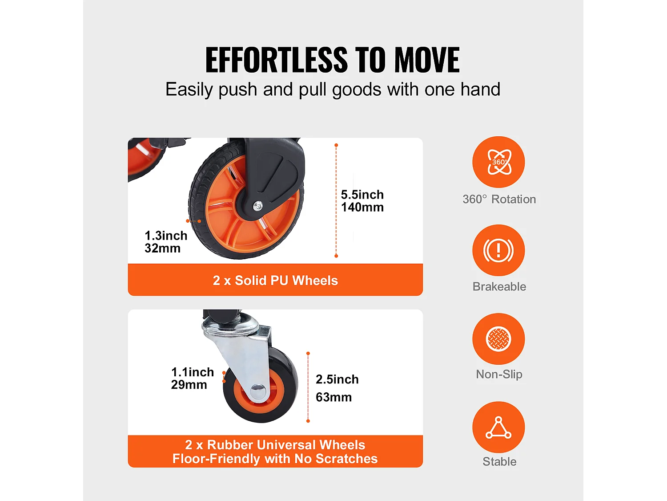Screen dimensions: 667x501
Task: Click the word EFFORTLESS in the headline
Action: coord(277,60)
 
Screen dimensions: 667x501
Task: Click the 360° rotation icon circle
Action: coord(498,162)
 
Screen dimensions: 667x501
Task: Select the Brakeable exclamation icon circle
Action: coord(498,250)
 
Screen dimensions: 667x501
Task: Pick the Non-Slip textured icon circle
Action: coord(498,339)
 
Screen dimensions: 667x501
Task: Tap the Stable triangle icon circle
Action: coord(498,427)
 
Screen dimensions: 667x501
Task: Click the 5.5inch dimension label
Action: coord(362,195)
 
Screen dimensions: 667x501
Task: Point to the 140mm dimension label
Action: coord(362,208)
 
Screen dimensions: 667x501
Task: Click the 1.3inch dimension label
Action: coord(166,236)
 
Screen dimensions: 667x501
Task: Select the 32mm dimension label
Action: coord(163,248)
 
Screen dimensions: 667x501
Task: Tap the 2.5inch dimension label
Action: coord(338,379)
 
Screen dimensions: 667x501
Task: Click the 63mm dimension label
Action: coord(333,397)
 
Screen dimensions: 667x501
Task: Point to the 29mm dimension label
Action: coord(189,385)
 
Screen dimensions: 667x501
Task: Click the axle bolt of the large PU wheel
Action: coord(258,206)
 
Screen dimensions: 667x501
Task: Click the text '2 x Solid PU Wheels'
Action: coord(275,281)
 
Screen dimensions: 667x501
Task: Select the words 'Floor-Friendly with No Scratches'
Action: coord(275,459)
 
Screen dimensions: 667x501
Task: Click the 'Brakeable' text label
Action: coord(499,286)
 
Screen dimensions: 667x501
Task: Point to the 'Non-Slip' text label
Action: coord(499,375)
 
